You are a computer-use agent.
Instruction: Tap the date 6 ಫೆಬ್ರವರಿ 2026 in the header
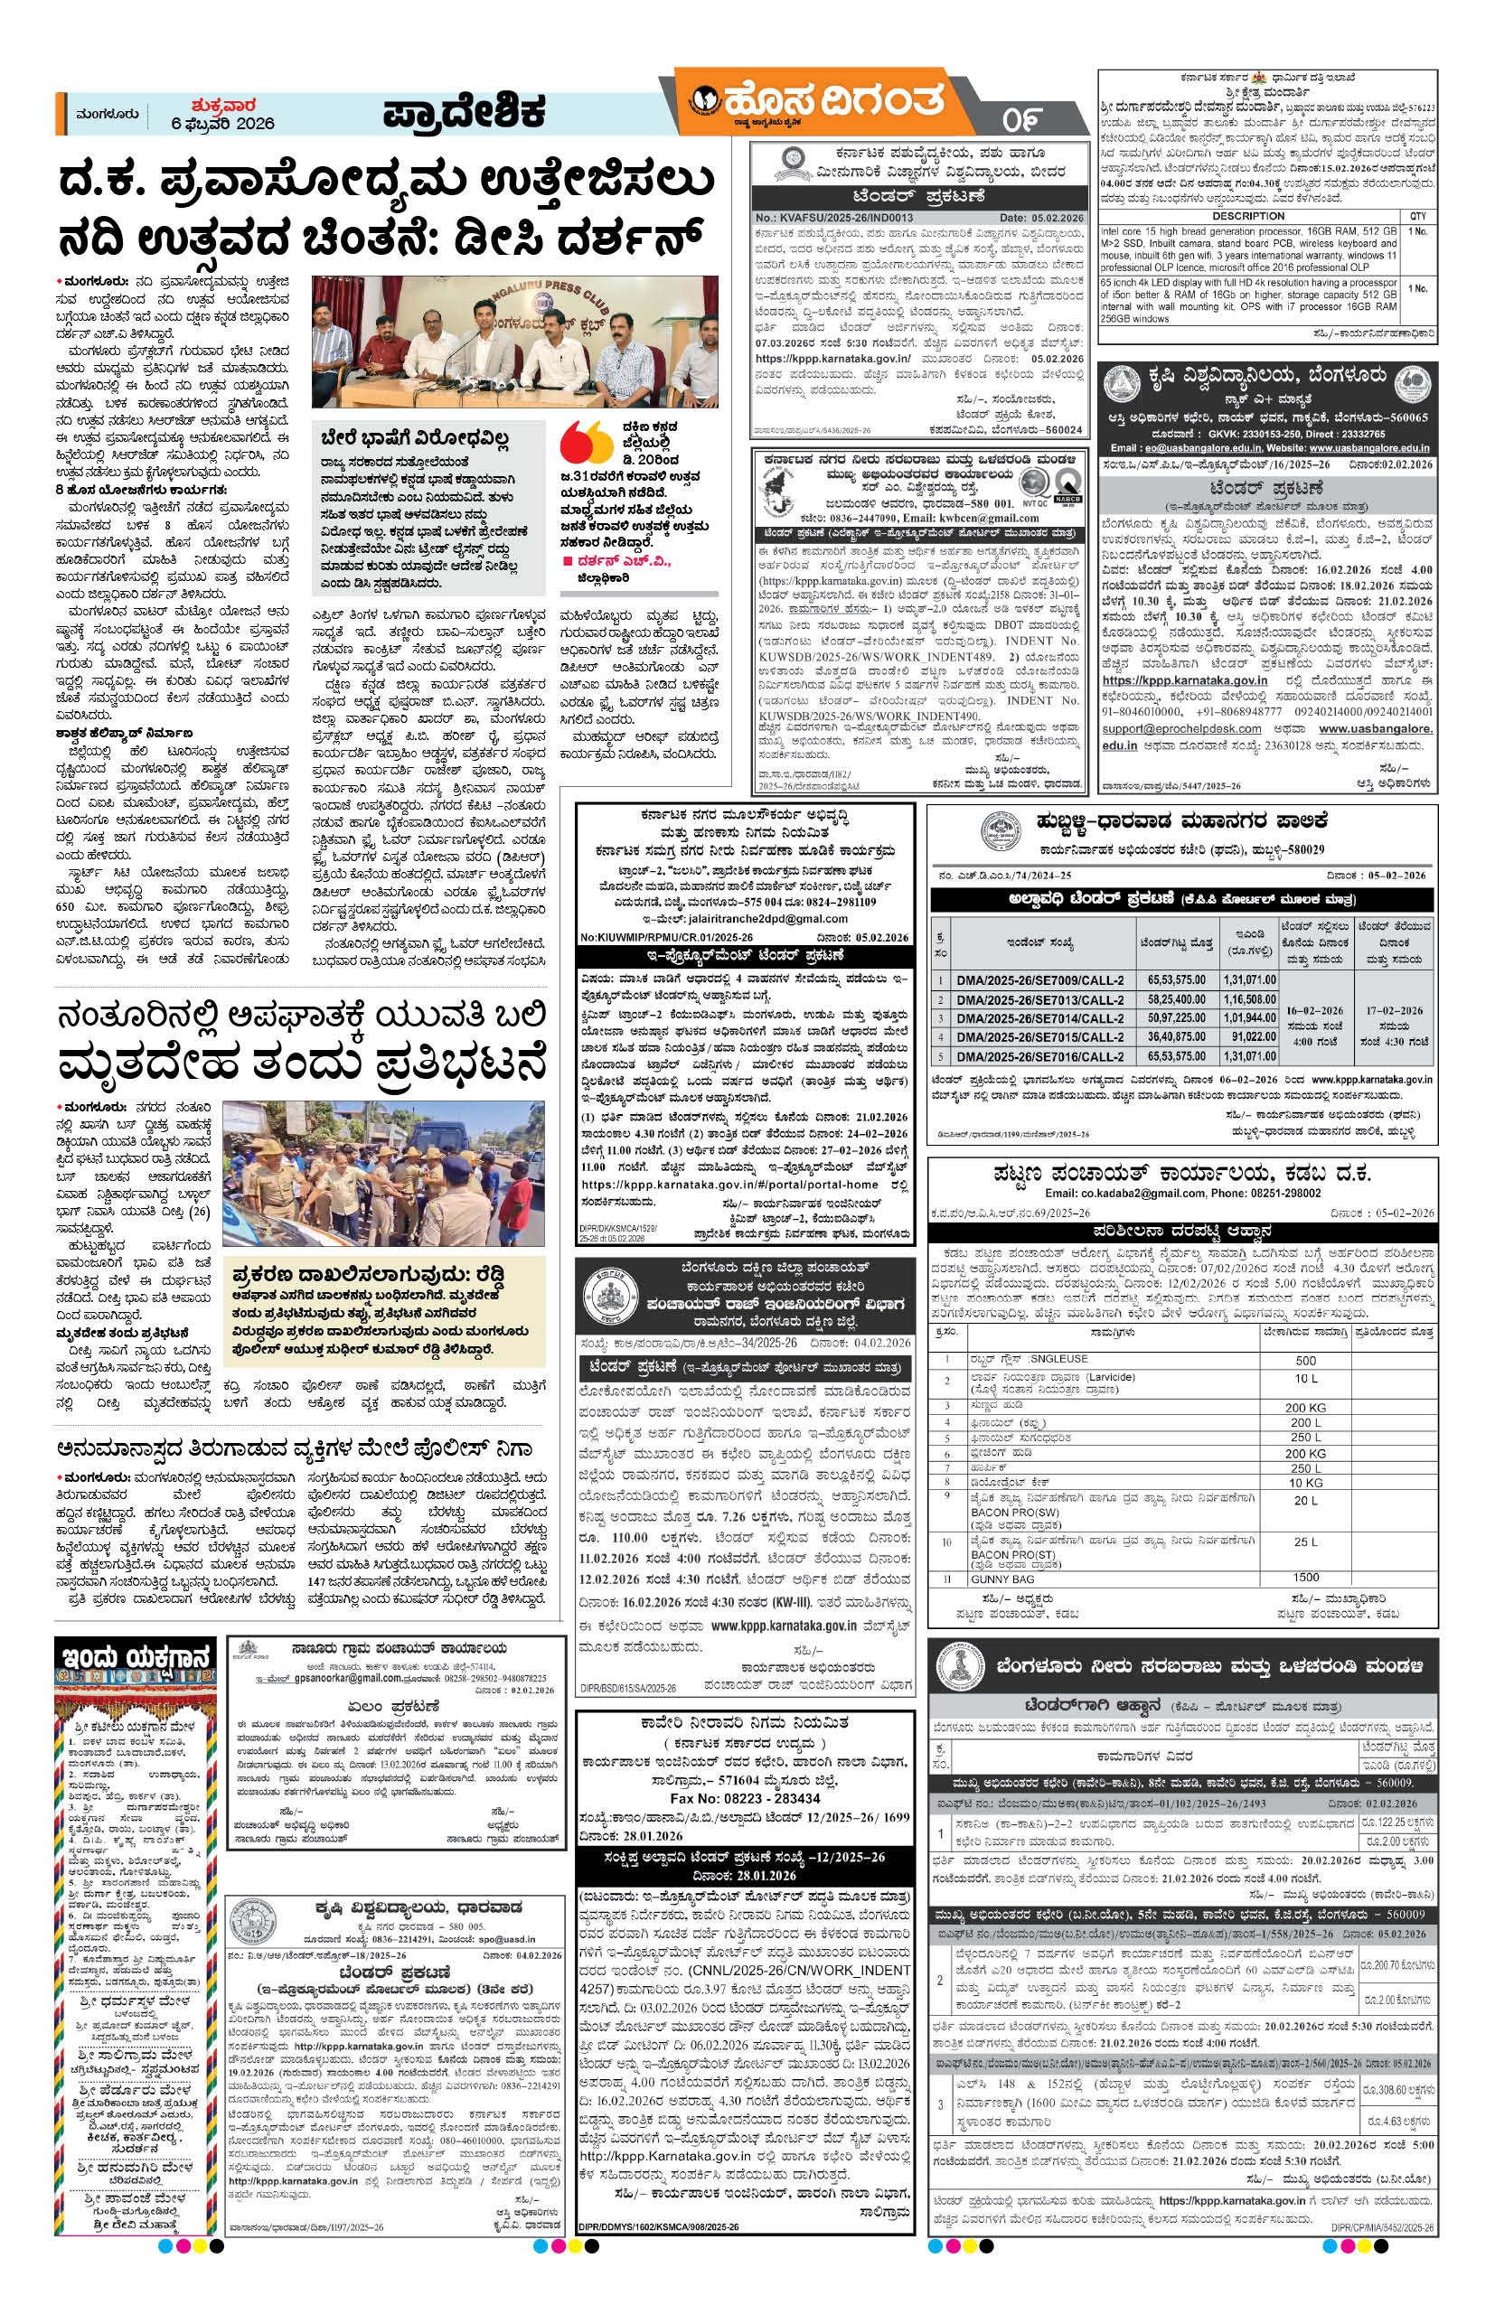tap(223, 123)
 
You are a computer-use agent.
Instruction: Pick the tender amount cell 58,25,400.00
tap(1177, 999)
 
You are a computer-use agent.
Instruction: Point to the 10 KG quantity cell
tap(1305, 1483)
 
